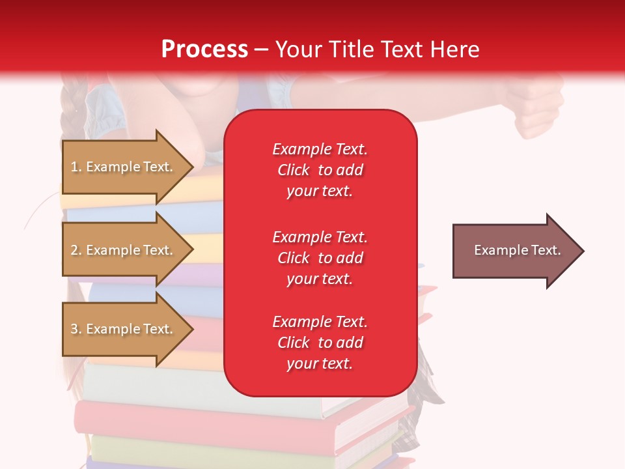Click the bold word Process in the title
pyautogui.click(x=204, y=50)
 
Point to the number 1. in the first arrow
pyautogui.click(x=76, y=167)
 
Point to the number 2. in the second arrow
pyautogui.click(x=76, y=250)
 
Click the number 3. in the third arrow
pyautogui.click(x=76, y=329)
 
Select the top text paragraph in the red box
pyautogui.click(x=320, y=170)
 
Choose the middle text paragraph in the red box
pyautogui.click(x=320, y=258)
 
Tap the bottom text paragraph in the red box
pyautogui.click(x=320, y=343)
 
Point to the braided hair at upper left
pyautogui.click(x=71, y=104)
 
